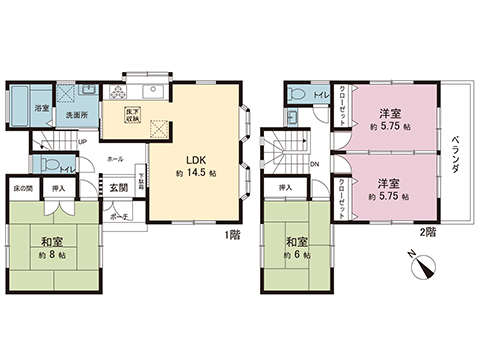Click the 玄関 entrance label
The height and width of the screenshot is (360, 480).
[x=119, y=188]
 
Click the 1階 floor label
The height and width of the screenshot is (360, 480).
[x=232, y=235]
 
